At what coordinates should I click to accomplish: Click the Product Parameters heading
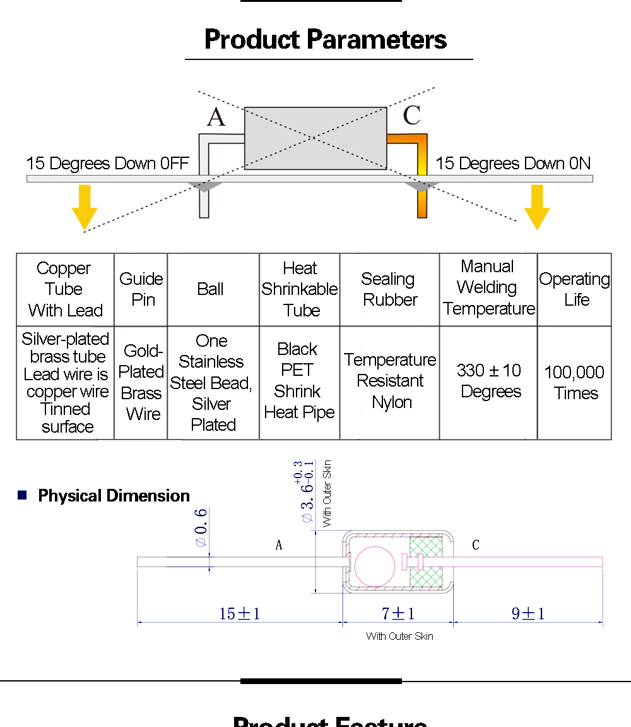coord(325,39)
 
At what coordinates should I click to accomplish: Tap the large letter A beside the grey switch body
coord(216,117)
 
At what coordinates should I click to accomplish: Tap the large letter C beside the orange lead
coord(412,115)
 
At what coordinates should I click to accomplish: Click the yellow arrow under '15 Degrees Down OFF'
coord(85,207)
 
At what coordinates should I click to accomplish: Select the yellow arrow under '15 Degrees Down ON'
coord(537,207)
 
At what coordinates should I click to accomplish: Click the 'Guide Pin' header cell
coord(141,289)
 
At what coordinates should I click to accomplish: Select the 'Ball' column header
coord(210,289)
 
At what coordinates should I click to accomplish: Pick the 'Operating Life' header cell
coord(574,289)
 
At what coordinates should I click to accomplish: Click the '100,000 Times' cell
coord(574,383)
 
